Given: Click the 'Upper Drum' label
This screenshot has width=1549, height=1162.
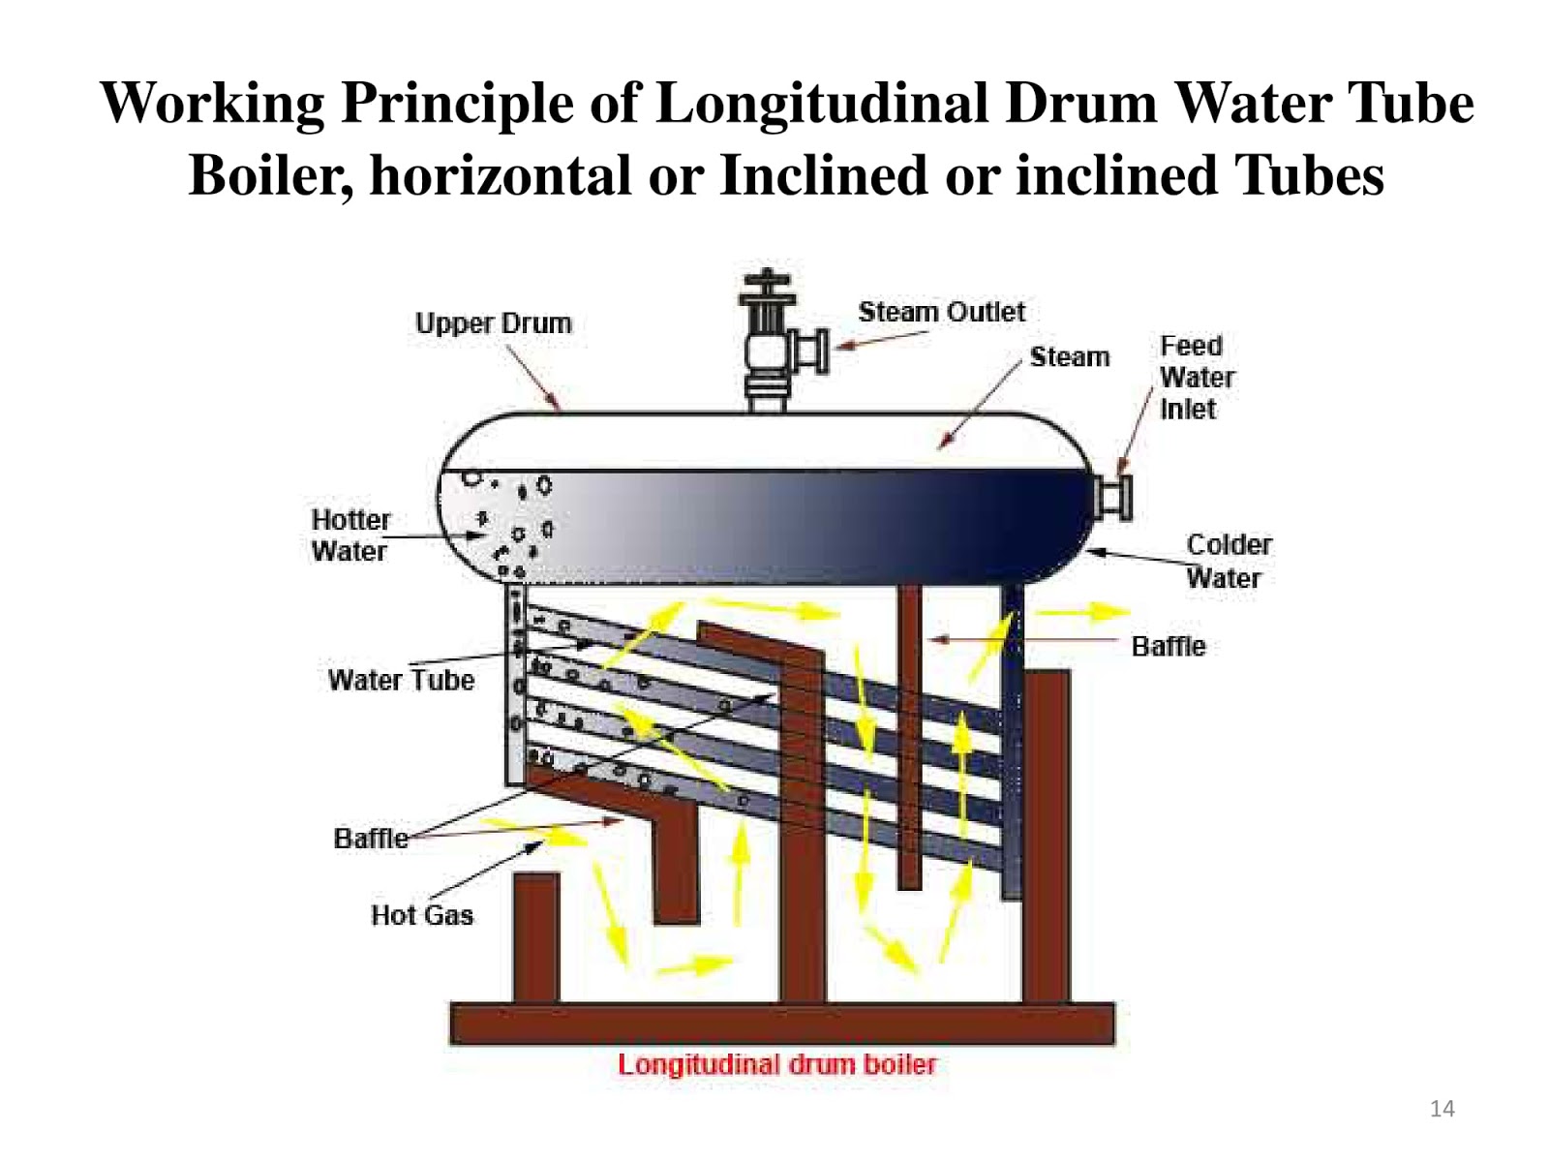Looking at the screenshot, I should (493, 323).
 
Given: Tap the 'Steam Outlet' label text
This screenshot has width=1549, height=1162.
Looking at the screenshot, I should (941, 312).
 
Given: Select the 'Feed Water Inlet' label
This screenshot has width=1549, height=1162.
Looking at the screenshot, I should (1197, 378).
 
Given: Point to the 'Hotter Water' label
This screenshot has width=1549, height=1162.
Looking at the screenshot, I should (349, 535).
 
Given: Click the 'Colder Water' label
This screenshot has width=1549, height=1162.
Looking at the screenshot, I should (1228, 561).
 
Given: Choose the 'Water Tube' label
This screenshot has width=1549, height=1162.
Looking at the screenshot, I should (401, 680).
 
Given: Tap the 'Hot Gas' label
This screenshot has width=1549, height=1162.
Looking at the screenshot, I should (422, 915).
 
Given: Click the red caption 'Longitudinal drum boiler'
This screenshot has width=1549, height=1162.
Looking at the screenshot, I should (776, 1064).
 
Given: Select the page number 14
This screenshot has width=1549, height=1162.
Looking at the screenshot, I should (1442, 1109).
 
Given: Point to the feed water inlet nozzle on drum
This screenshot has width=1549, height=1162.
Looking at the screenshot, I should (1113, 497).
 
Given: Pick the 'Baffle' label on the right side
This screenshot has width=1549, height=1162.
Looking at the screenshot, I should (1169, 646).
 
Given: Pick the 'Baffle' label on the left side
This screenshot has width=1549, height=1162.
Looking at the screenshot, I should (371, 838).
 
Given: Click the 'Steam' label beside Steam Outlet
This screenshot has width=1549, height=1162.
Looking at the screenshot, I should (1069, 357).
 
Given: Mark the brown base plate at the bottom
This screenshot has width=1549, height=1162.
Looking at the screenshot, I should (782, 1024).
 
